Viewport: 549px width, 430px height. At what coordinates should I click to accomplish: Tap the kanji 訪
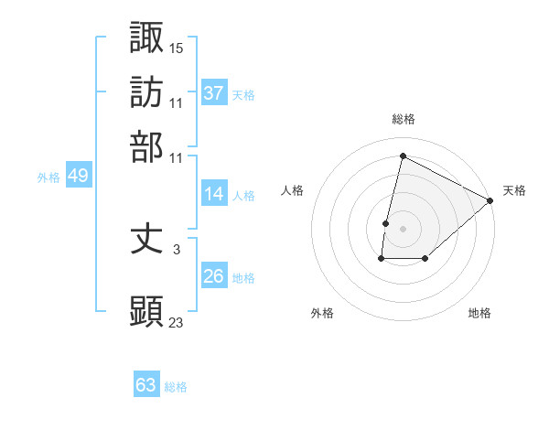[147, 92]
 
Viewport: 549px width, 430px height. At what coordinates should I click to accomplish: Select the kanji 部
[147, 147]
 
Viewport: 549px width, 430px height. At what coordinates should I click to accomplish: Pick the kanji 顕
[147, 311]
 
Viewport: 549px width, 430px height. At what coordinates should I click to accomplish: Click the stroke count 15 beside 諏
[177, 47]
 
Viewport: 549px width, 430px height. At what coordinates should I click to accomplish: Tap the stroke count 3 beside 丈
[177, 250]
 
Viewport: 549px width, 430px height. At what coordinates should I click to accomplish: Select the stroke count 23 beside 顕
[177, 321]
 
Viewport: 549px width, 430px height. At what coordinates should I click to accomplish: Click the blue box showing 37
[214, 93]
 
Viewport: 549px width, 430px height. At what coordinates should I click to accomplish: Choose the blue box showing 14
[214, 194]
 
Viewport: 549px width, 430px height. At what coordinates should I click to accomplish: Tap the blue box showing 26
[214, 276]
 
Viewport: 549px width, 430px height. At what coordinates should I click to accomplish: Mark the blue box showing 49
[78, 177]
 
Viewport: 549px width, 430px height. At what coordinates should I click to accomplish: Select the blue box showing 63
[146, 385]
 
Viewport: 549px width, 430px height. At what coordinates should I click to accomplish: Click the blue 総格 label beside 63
[176, 387]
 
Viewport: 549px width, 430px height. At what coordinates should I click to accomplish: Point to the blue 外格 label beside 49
[48, 177]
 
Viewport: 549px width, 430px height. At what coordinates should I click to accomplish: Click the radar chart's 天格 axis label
[514, 190]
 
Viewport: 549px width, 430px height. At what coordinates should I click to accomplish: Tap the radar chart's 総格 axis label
[403, 119]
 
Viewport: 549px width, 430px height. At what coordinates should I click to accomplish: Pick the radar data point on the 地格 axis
[425, 259]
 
